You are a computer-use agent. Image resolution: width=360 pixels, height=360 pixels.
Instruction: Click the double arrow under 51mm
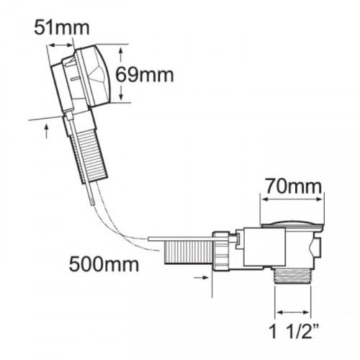60,45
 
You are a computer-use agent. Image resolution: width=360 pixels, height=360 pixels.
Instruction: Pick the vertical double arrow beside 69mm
122,73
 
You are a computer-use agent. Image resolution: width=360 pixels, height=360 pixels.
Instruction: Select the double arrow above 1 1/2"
292,312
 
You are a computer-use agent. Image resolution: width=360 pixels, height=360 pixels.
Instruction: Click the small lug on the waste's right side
317,248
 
